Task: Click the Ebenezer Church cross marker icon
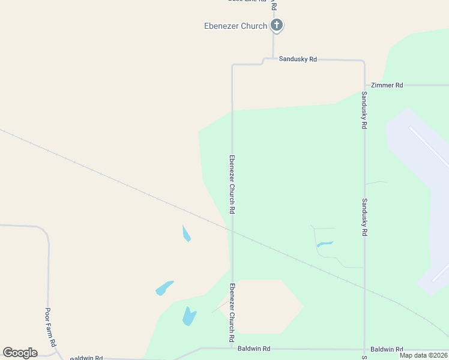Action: pyautogui.click(x=276, y=25)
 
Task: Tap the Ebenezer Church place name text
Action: pyautogui.click(x=236, y=26)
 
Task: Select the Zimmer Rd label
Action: pyautogui.click(x=387, y=85)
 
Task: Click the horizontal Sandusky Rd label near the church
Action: pyautogui.click(x=298, y=59)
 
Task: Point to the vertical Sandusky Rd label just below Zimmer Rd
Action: pyautogui.click(x=364, y=111)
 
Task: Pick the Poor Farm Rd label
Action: pyautogui.click(x=51, y=327)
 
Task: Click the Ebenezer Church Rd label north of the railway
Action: pyautogui.click(x=232, y=185)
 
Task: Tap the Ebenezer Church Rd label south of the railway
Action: pyautogui.click(x=232, y=313)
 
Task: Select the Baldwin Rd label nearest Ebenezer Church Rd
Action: pyautogui.click(x=254, y=349)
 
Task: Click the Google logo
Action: pyautogui.click(x=20, y=353)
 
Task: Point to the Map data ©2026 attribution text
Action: pyautogui.click(x=424, y=355)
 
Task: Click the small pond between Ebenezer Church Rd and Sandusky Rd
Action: pyautogui.click(x=325, y=244)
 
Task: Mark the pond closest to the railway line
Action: pyautogui.click(x=187, y=233)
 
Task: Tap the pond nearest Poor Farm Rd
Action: pyautogui.click(x=164, y=288)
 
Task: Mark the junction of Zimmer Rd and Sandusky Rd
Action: pyautogui.click(x=364, y=85)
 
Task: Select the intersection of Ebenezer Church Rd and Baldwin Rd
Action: pyautogui.click(x=232, y=348)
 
